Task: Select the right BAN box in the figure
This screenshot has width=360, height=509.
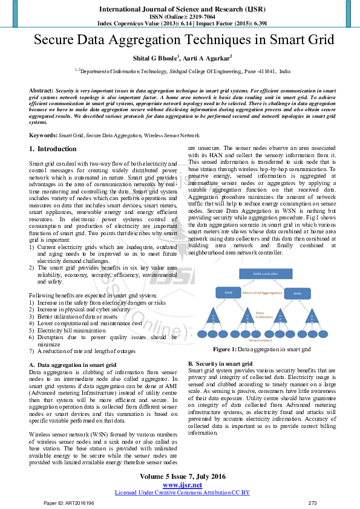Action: click(296, 293)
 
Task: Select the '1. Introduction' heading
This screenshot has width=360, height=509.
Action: click(53, 149)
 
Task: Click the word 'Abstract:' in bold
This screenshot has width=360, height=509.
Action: click(41, 89)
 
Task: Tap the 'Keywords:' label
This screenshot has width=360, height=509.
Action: click(43, 136)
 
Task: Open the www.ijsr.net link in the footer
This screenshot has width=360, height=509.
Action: click(182, 485)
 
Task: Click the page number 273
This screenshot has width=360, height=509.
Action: click(313, 503)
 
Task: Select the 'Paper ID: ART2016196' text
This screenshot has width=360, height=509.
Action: click(68, 503)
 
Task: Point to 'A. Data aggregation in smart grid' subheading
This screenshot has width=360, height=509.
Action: click(73, 365)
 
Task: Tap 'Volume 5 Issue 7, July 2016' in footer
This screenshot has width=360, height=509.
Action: click(182, 476)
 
